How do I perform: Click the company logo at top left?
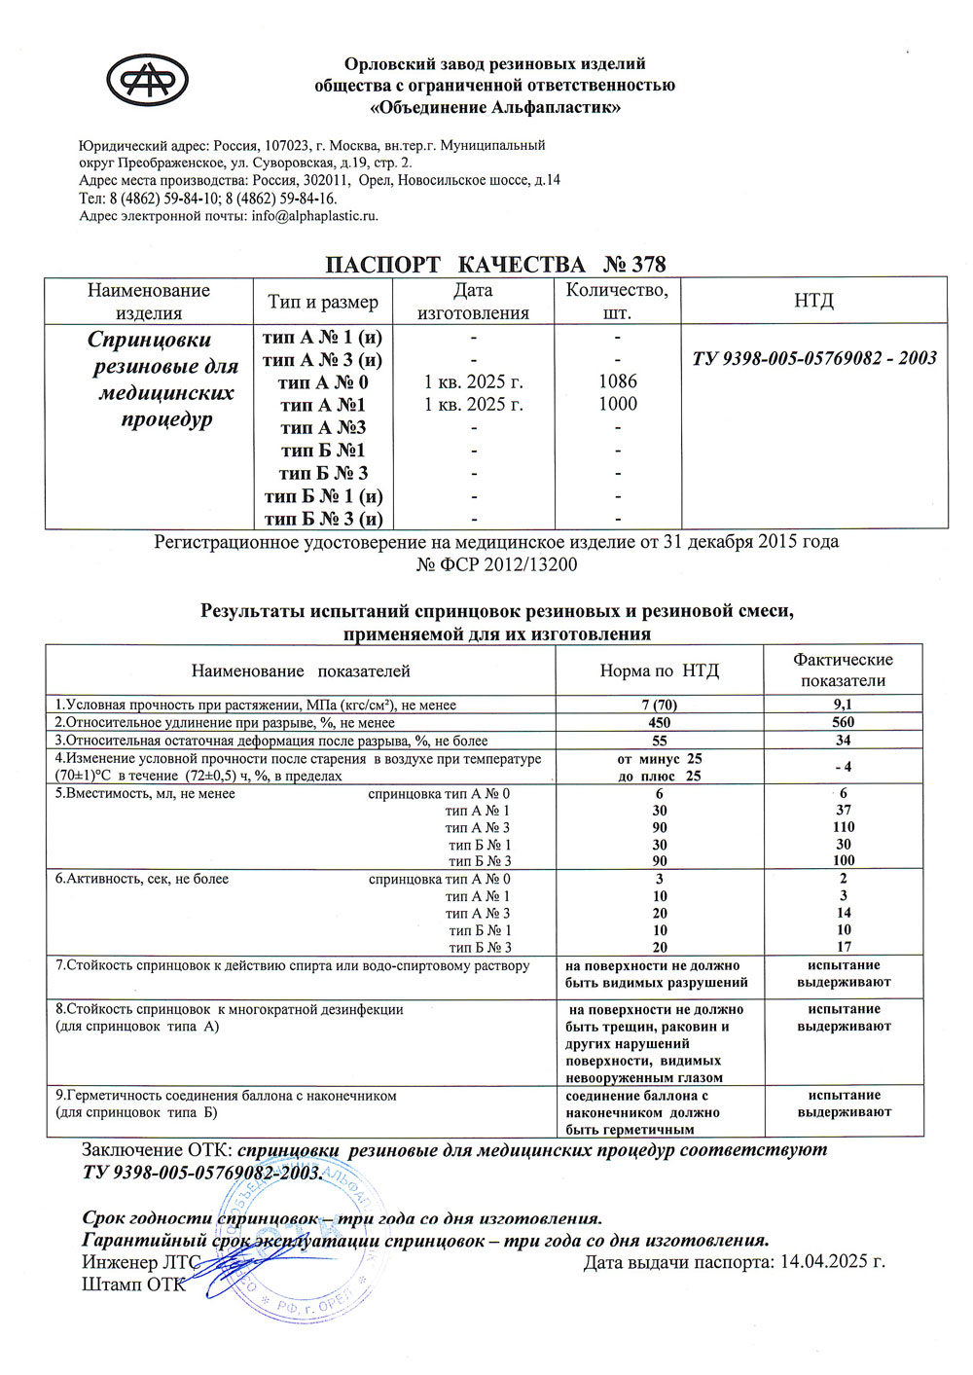pyautogui.click(x=147, y=80)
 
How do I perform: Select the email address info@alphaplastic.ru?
pyautogui.click(x=314, y=216)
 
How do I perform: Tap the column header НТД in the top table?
pyautogui.click(x=813, y=301)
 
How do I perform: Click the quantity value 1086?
pyautogui.click(x=618, y=381)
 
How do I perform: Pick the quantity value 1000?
pyautogui.click(x=618, y=404)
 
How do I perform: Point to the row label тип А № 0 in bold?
pyautogui.click(x=323, y=382)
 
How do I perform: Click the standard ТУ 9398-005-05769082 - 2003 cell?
pyautogui.click(x=813, y=358)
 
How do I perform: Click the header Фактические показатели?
pyautogui.click(x=843, y=669)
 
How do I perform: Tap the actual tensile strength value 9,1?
pyautogui.click(x=843, y=705)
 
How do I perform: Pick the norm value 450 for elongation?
pyautogui.click(x=659, y=722)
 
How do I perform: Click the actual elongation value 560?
pyautogui.click(x=843, y=722)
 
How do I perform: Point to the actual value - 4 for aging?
pyautogui.click(x=843, y=767)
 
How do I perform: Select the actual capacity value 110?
pyautogui.click(x=843, y=827)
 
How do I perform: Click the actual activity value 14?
pyautogui.click(x=843, y=913)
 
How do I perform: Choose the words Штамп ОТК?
pyautogui.click(x=132, y=1285)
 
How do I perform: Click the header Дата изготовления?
pyautogui.click(x=473, y=301)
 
